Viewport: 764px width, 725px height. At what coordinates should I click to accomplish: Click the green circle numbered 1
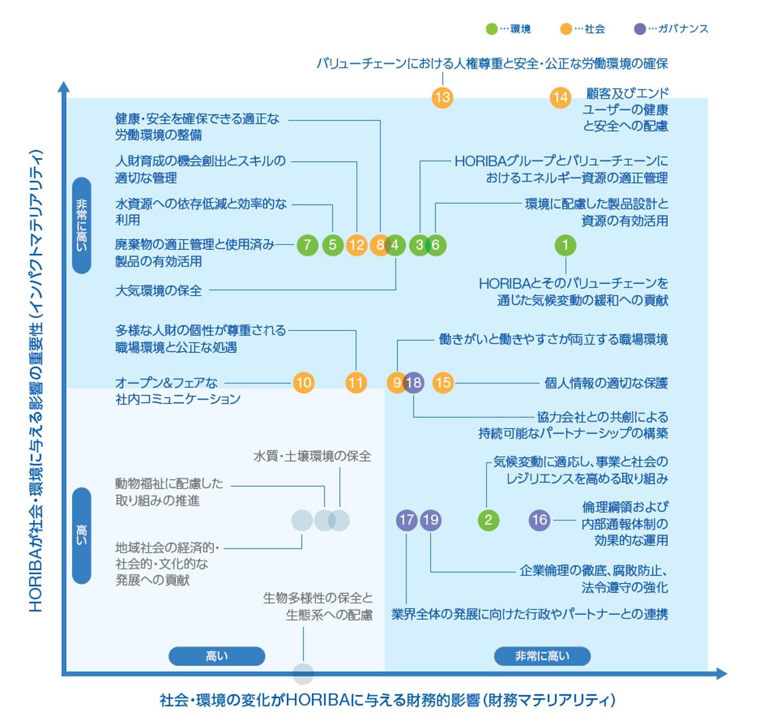(565, 245)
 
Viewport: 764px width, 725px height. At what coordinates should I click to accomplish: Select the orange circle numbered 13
(442, 97)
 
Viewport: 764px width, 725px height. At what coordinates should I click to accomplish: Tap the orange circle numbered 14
(560, 97)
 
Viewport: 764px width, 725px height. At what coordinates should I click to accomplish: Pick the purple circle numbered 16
(539, 520)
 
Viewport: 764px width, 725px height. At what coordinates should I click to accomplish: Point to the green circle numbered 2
(488, 520)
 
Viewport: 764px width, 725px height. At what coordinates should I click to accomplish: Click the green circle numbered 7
(308, 245)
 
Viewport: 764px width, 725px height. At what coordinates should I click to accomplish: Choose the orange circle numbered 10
(304, 383)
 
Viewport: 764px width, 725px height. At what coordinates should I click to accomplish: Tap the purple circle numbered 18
(413, 383)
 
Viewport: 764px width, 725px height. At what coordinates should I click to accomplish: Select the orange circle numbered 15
(443, 383)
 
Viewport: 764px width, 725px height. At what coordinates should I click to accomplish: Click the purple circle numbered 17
(406, 520)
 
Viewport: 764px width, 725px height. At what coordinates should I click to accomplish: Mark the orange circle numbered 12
(357, 245)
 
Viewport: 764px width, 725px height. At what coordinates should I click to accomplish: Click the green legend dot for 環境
(492, 29)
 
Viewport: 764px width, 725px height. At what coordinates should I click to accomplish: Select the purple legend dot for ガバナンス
(640, 29)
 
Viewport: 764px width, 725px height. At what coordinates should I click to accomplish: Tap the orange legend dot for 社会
(566, 29)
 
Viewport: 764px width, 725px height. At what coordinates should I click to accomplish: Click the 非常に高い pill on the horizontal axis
(542, 656)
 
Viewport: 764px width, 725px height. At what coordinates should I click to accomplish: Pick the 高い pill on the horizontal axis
(217, 656)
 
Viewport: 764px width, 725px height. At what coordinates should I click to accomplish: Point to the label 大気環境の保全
(159, 291)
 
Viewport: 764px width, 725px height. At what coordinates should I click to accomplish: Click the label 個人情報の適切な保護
(606, 383)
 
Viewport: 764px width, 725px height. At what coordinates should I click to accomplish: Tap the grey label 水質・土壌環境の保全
(312, 456)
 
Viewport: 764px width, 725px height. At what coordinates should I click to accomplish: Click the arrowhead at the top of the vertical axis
(63, 87)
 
